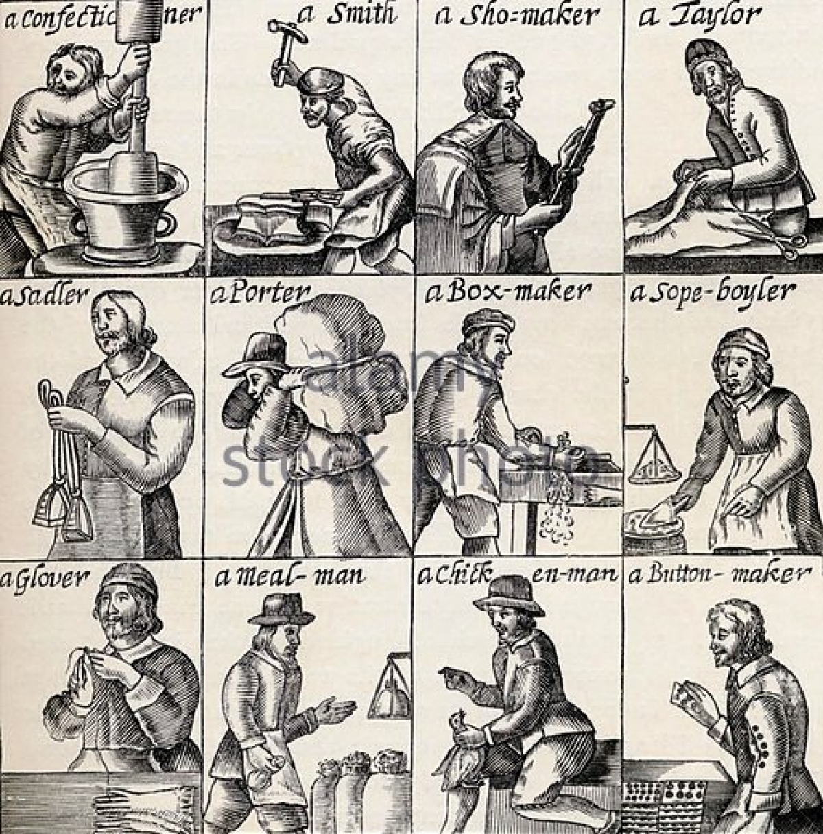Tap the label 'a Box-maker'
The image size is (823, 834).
click(508, 292)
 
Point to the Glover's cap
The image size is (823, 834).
click(128, 580)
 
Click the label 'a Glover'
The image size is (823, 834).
click(45, 580)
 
